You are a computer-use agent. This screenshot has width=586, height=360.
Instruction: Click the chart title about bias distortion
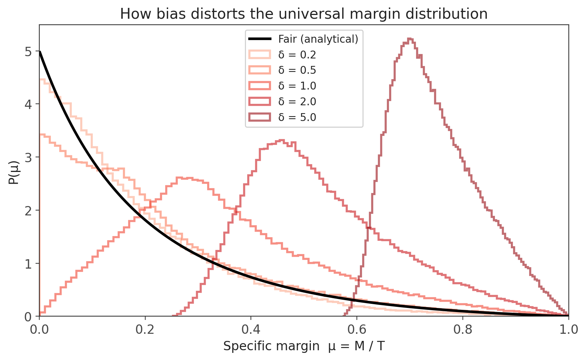[304, 14]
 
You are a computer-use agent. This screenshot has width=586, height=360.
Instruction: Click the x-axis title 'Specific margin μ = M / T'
[304, 346]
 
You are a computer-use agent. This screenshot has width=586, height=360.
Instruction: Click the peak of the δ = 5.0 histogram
[410, 39]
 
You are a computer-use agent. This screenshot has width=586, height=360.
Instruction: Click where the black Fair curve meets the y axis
[40, 52]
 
